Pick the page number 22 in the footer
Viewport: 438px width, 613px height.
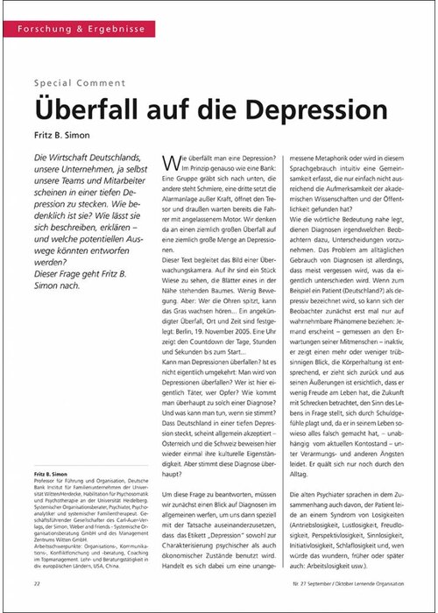coord(38,582)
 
